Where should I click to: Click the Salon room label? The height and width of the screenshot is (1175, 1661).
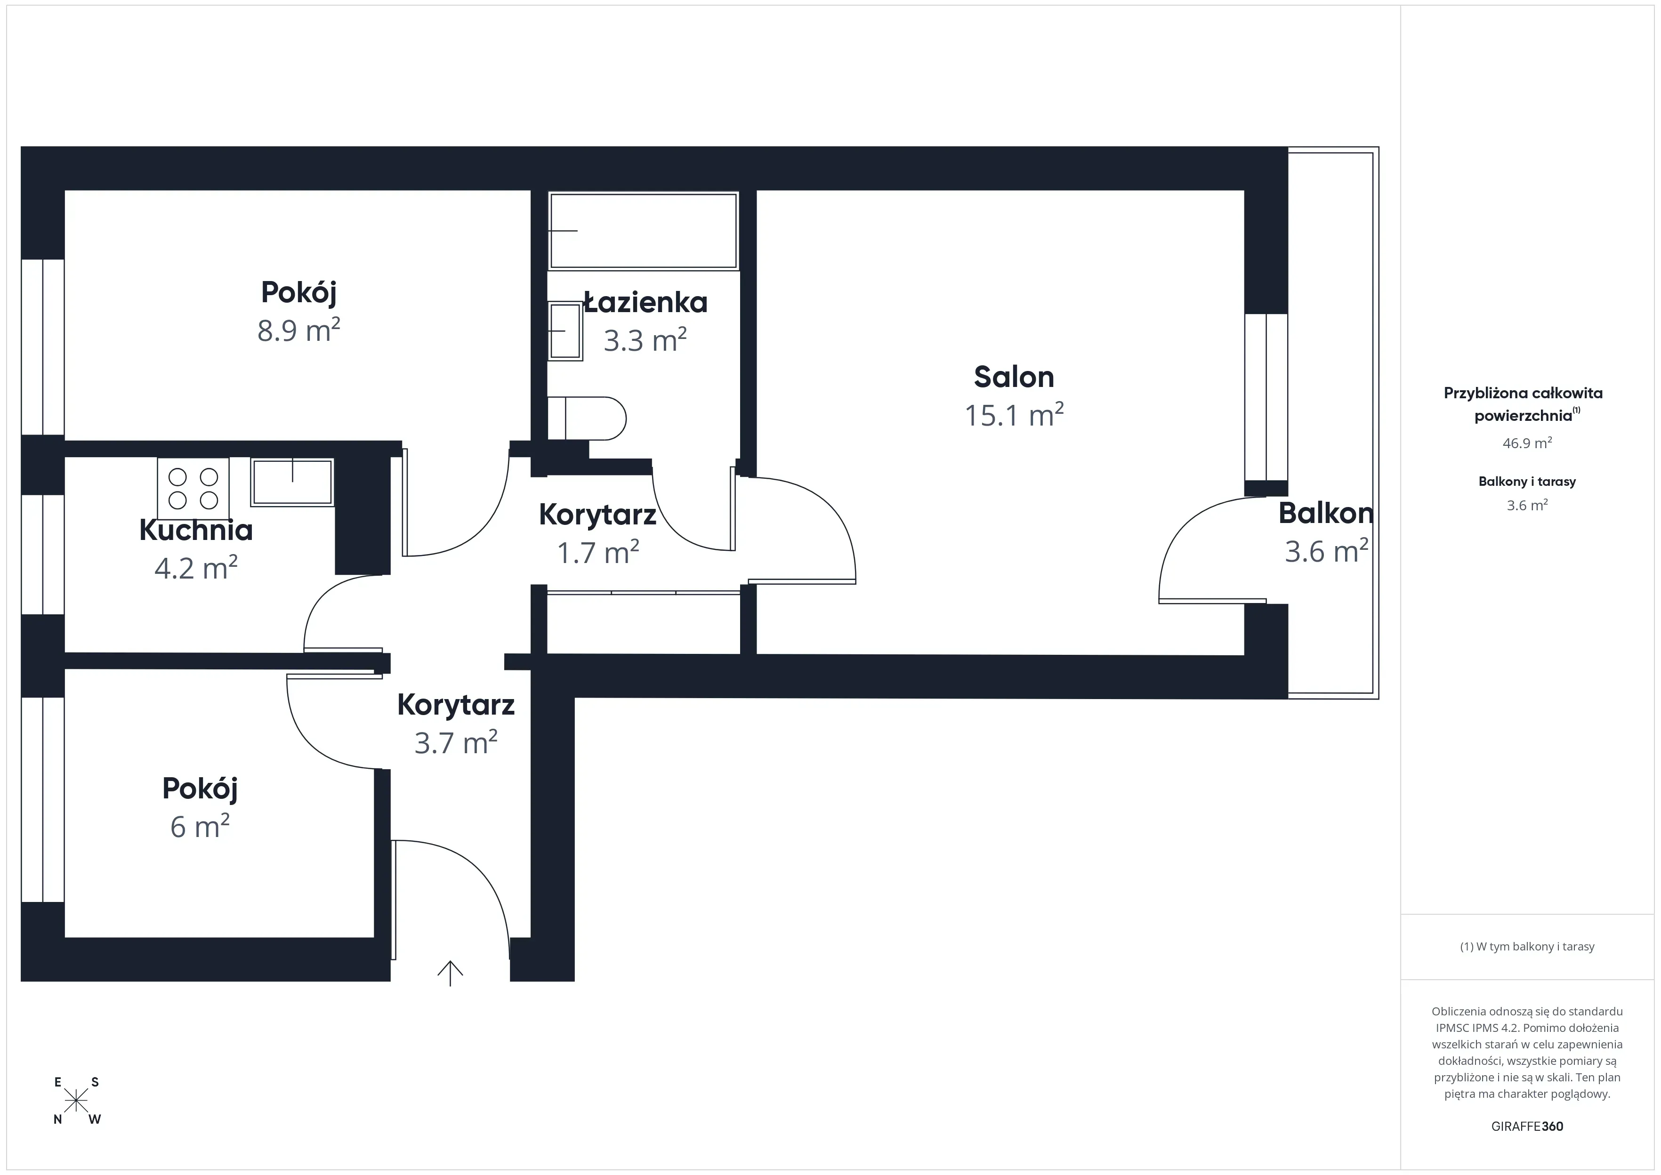click(1014, 377)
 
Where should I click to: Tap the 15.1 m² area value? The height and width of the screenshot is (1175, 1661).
click(1014, 415)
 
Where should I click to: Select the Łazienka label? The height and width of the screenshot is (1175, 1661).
click(645, 302)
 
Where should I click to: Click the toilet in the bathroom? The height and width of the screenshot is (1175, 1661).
click(588, 418)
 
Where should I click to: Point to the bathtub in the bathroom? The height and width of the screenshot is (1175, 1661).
click(643, 231)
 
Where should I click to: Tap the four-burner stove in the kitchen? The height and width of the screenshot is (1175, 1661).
click(193, 488)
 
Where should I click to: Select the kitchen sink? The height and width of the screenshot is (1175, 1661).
click(292, 482)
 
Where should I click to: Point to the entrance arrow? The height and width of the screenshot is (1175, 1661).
click(450, 973)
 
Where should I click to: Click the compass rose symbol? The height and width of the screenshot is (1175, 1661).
click(76, 1101)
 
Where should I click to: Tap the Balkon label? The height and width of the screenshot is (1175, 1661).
click(1325, 513)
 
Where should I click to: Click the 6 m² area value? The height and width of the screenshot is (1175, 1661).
click(200, 826)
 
